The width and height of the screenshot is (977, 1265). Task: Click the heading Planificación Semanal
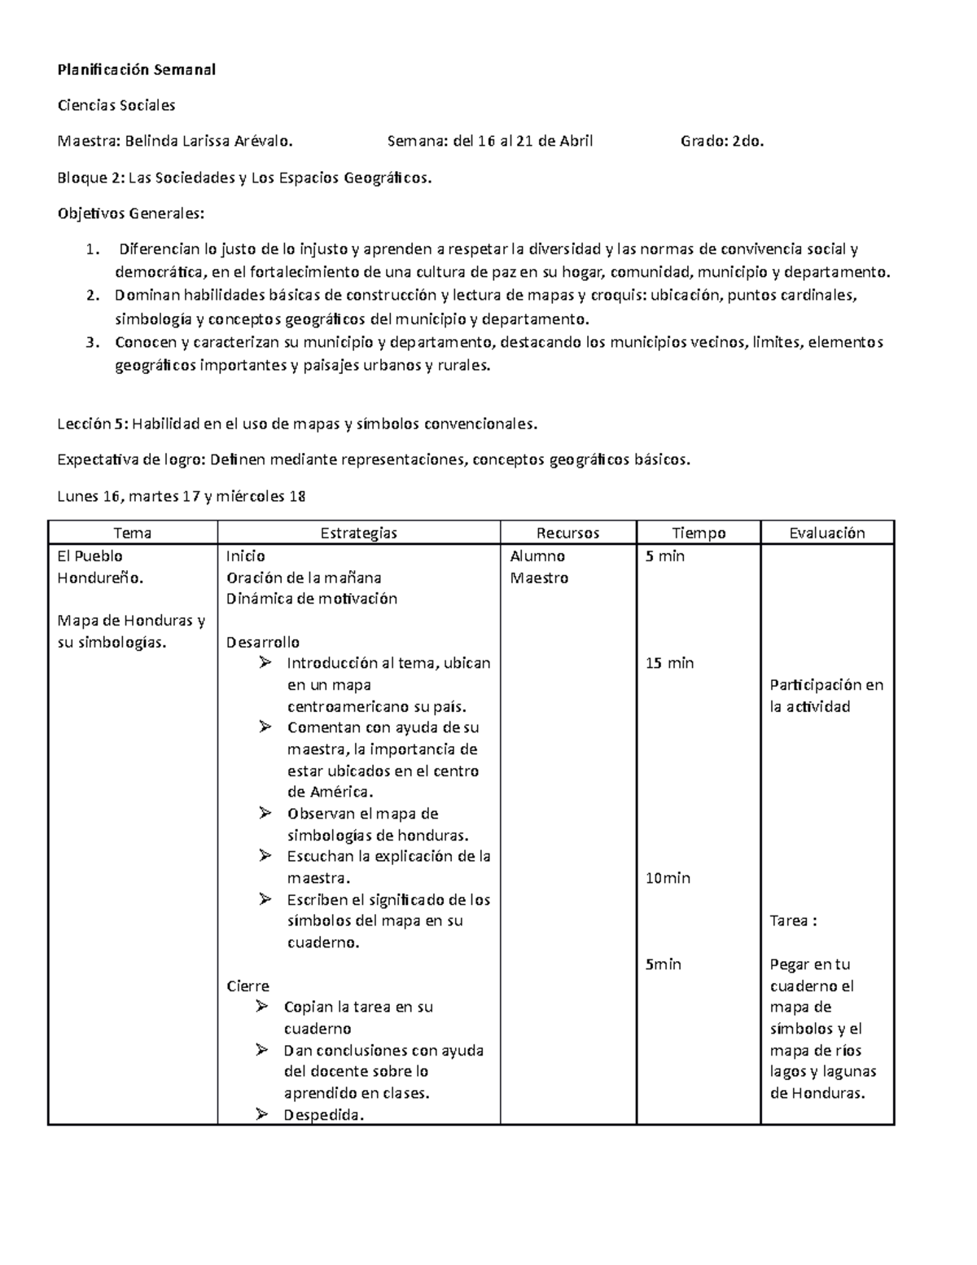136,69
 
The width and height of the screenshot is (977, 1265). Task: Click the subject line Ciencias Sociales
116,105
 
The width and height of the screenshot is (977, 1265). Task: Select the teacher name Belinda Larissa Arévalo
208,141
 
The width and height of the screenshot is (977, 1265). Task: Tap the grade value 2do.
749,141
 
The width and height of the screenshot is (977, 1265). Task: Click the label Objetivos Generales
130,213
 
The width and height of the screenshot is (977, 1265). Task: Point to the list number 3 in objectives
91,342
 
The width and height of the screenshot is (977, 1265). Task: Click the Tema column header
133,533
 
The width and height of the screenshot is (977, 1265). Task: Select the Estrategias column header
358,533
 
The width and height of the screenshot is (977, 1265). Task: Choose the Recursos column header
567,533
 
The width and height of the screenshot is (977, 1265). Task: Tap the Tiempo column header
699,533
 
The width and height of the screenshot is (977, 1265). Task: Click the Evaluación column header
827,533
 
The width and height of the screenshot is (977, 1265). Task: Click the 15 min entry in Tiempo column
669,663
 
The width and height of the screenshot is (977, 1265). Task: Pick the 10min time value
668,878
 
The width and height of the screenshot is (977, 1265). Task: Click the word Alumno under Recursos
537,556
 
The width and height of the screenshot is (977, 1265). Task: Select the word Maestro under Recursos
539,578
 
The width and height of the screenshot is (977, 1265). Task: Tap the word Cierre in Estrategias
248,986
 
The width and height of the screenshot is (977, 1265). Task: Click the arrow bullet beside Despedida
261,1114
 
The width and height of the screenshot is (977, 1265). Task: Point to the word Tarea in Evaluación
789,921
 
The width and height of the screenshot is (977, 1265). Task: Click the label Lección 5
92,424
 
